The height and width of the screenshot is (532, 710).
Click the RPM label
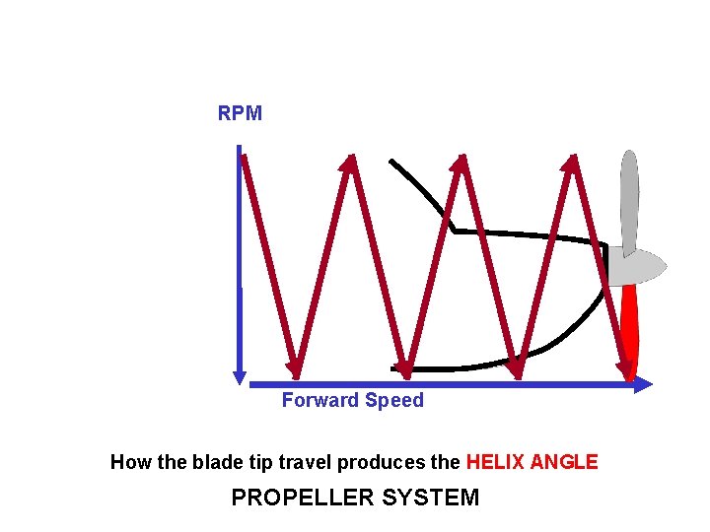coord(240,113)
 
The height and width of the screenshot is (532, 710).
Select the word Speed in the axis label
coord(394,400)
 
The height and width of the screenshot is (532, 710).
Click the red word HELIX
coord(495,461)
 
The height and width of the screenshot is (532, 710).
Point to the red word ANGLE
coord(564,461)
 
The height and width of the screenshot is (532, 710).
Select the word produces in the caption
coord(394,461)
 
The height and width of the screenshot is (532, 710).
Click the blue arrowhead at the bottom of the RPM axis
coord(239,375)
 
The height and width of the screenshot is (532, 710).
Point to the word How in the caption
coord(128,461)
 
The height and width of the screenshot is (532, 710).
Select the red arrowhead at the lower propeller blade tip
coord(625,370)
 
